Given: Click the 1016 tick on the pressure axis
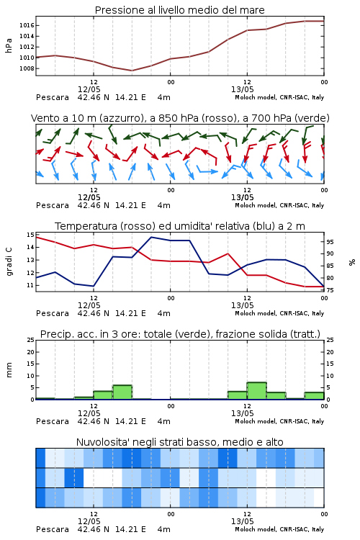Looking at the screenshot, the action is click(x=27, y=25).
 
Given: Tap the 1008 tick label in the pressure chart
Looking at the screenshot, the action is click(x=27, y=68).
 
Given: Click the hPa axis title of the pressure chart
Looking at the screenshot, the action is click(x=9, y=45).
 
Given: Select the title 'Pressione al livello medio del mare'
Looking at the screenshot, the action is click(x=180, y=10).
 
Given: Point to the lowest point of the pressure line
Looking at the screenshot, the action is click(x=132, y=71).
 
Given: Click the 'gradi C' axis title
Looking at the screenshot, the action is click(x=9, y=261).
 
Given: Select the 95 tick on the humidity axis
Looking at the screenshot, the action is click(x=330, y=242).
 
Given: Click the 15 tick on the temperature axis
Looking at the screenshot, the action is click(x=30, y=235).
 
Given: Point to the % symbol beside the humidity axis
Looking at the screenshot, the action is click(x=352, y=262).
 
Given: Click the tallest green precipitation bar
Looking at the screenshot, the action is click(x=256, y=391).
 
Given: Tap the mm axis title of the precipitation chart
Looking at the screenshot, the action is click(x=9, y=370).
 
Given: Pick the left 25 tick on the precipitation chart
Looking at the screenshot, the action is click(x=30, y=341).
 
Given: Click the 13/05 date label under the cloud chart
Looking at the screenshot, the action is click(x=242, y=521).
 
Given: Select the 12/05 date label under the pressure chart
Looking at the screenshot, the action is click(x=89, y=89).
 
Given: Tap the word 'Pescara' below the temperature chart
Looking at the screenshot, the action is click(x=53, y=313).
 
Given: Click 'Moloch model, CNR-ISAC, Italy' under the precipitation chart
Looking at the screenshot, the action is click(x=279, y=421).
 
